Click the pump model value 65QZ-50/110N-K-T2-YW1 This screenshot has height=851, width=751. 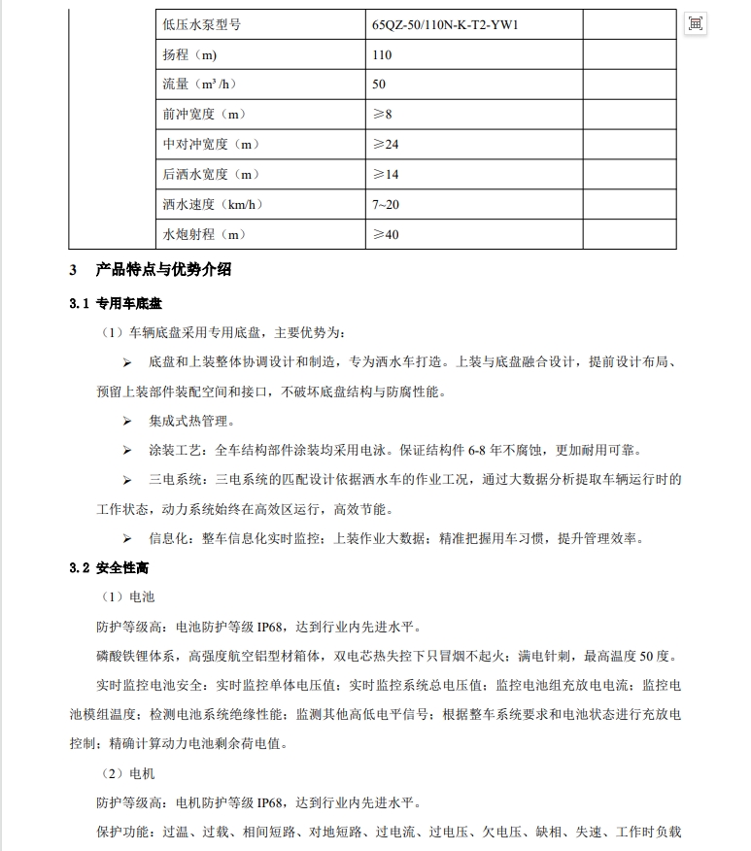point(445,24)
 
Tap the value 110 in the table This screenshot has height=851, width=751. point(382,54)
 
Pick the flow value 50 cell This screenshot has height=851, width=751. point(379,85)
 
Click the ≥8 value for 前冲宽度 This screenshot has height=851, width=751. point(382,115)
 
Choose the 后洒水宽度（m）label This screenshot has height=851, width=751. point(212,175)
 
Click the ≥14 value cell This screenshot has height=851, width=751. point(386,175)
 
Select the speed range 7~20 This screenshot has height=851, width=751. point(386,205)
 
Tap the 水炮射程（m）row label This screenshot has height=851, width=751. point(204,235)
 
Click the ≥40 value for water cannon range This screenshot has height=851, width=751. point(386,235)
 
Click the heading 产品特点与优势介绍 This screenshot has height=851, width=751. point(163,270)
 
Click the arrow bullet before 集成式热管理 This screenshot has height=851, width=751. point(126,422)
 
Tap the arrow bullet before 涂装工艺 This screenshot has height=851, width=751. point(126,451)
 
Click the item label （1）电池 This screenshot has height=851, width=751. point(128,596)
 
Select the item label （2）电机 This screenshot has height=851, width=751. point(128,773)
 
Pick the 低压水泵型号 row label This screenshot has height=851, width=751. point(202,24)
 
